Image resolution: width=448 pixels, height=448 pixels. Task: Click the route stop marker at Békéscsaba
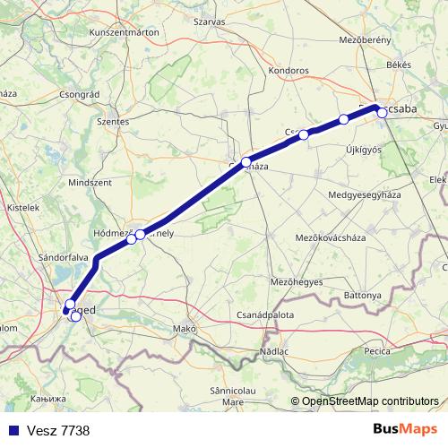coord(382,112)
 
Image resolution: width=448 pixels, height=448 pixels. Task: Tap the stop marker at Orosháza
coord(246,162)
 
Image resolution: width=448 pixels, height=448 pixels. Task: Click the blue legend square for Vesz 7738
coord(12,431)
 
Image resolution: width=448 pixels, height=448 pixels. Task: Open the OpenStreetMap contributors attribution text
coord(370,401)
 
